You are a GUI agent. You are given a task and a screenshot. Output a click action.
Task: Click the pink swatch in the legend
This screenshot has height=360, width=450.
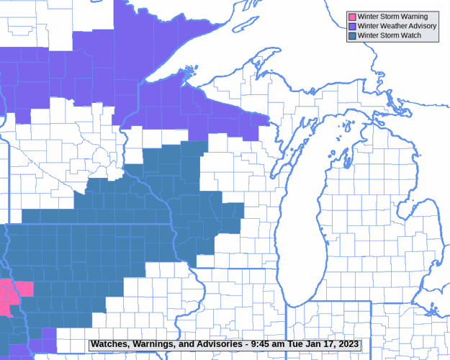[x=352, y=17]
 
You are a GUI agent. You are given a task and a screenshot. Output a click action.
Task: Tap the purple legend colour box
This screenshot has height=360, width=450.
[x=352, y=26]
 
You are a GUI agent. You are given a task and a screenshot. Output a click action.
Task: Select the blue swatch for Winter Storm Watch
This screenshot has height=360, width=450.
[x=352, y=35]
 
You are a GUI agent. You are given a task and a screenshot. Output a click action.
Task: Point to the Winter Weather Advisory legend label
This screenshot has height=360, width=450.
[x=397, y=26]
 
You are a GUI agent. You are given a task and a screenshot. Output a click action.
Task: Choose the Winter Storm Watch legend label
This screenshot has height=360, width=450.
[x=390, y=35]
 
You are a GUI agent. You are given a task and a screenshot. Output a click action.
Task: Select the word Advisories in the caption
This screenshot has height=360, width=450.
[x=217, y=345]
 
